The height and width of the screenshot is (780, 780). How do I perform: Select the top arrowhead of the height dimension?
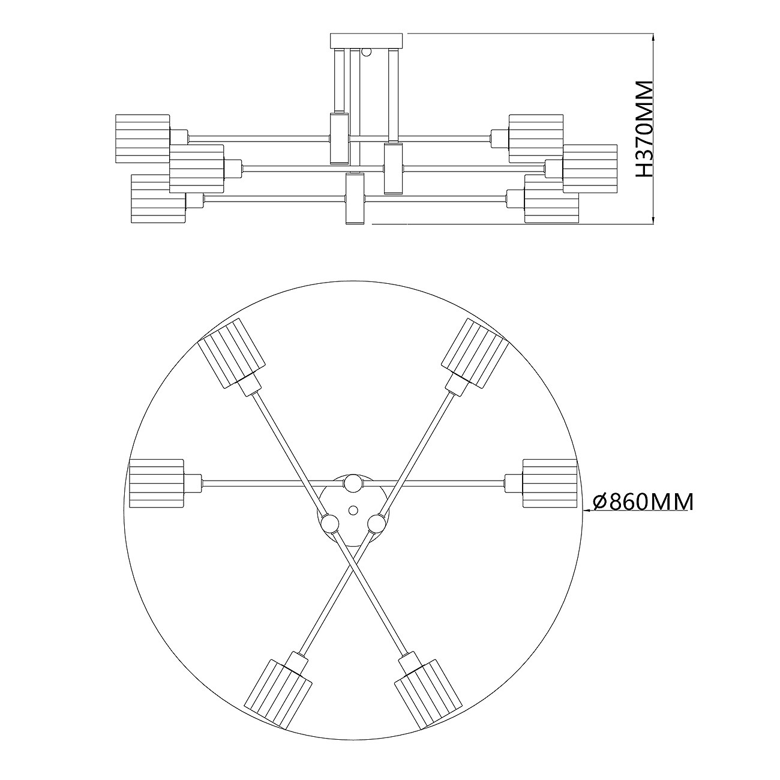click(x=653, y=39)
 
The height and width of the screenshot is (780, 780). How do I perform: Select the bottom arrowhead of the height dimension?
click(x=653, y=218)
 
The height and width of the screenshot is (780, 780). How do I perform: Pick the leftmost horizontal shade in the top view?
click(x=156, y=483)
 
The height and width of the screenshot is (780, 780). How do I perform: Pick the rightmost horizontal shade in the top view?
click(x=550, y=483)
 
